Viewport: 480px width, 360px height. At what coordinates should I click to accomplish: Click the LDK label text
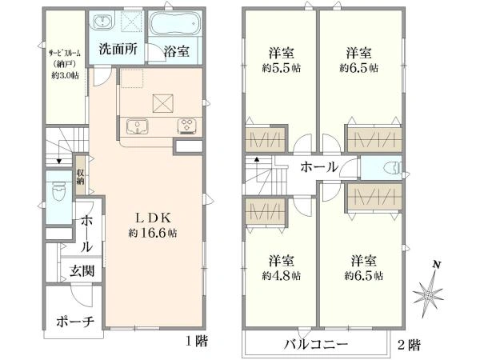(x=153, y=218)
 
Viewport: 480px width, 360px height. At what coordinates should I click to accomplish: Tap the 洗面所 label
(x=118, y=49)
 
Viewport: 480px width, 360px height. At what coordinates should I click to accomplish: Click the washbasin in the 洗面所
(x=103, y=22)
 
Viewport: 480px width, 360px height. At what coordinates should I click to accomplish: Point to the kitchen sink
(x=138, y=126)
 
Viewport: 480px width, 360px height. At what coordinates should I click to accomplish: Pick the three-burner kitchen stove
(x=187, y=126)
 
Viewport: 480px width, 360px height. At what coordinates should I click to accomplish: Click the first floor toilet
(x=58, y=191)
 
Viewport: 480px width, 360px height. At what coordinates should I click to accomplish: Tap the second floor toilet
(x=391, y=168)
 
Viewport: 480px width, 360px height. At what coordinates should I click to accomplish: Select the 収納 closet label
(x=80, y=177)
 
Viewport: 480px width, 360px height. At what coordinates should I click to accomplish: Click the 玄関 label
(x=82, y=271)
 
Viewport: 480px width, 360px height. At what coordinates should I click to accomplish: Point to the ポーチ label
(x=75, y=322)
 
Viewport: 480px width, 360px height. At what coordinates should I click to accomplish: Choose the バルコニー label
(x=316, y=344)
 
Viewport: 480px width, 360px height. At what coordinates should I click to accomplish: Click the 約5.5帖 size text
(x=281, y=68)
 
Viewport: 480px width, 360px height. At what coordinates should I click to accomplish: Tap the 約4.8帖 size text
(x=281, y=276)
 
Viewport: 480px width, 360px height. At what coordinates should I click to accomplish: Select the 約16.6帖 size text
(x=153, y=234)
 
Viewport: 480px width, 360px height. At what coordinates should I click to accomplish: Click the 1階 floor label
(x=197, y=341)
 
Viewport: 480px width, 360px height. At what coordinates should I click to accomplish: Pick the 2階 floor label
(x=410, y=345)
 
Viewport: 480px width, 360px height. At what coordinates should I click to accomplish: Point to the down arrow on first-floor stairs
(x=59, y=161)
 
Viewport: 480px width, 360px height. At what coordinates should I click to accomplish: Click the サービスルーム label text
(x=65, y=53)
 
